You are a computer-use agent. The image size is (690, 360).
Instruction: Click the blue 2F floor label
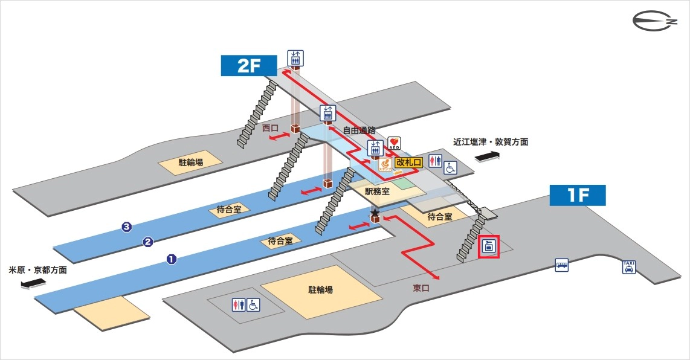coord(248,66)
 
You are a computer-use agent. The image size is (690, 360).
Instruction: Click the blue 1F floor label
coord(577,195)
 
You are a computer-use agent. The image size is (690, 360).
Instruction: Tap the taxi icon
coord(629,266)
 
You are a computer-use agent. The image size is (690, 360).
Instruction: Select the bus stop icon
coord(562,265)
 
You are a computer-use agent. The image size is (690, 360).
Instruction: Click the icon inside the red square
coord(489,247)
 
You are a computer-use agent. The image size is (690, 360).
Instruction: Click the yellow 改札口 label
coord(408,162)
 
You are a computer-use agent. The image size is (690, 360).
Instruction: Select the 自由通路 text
coord(360,130)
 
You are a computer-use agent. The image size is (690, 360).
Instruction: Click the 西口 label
coord(270,128)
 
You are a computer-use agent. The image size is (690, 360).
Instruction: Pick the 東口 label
coord(421,288)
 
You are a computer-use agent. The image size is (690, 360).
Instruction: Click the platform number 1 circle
coord(171,260)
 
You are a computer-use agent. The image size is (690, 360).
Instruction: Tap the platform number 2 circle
coord(147,243)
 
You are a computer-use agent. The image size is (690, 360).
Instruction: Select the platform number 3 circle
coord(126,227)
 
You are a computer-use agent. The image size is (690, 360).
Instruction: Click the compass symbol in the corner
coord(654,22)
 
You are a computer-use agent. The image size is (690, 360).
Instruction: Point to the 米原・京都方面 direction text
coord(37,270)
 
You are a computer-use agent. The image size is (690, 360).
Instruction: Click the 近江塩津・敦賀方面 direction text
coord(491,143)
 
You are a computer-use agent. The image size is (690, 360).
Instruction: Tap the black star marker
coord(375,213)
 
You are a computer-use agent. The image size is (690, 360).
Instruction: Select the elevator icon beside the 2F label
coord(295,57)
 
